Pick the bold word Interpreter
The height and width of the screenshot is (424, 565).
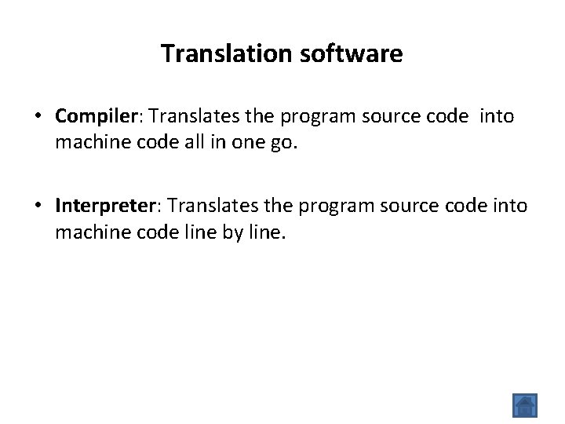point(106,206)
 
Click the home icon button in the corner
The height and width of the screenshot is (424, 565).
point(524,405)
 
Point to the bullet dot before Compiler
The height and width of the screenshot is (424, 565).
point(38,117)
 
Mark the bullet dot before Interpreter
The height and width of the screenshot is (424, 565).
point(38,206)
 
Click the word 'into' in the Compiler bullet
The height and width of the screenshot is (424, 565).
point(497,117)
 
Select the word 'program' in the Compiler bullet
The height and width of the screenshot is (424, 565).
point(316,117)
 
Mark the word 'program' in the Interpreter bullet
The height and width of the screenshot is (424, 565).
point(335,206)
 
